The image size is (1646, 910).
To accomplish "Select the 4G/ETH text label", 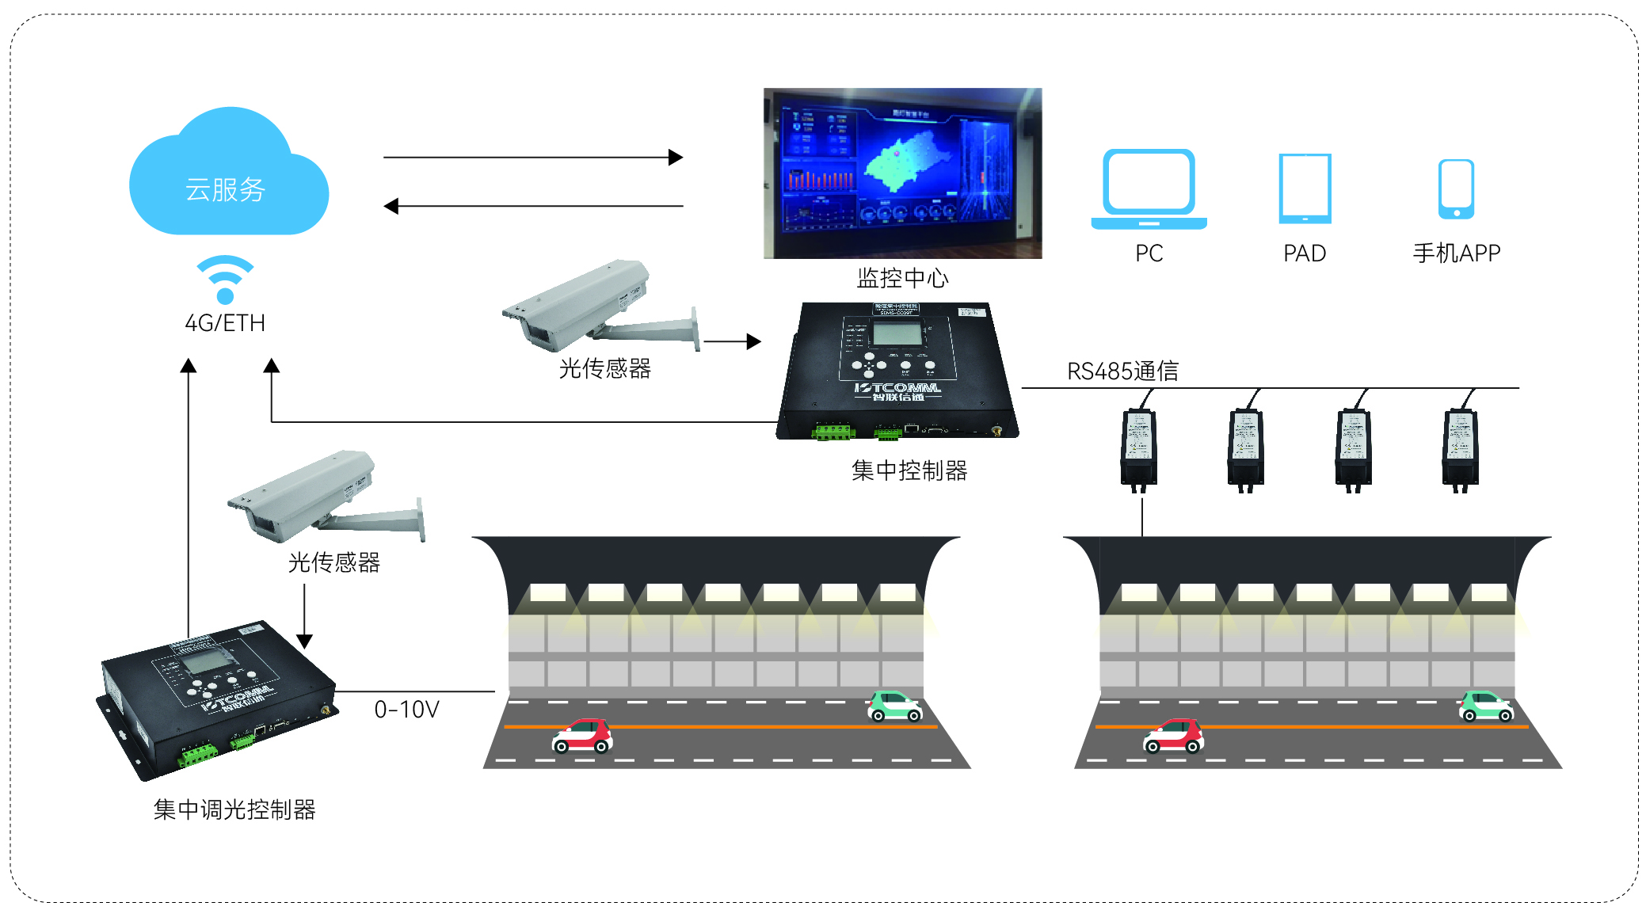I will point(225,323).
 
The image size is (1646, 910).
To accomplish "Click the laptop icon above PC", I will point(1149,188).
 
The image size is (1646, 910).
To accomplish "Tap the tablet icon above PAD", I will point(1305,188).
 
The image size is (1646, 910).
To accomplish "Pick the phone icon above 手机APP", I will point(1456,188).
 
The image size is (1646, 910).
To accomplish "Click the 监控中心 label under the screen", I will point(902,278).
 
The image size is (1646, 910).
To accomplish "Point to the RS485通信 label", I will point(1122,371).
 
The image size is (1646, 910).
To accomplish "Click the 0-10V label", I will point(406,710).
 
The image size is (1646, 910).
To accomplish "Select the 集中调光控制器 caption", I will point(234,809).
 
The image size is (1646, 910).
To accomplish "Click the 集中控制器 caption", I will point(909,470).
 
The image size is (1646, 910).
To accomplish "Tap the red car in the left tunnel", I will point(582,736).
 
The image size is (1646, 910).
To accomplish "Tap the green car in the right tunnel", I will point(1485,706).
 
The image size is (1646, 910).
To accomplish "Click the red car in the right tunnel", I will point(1173,736).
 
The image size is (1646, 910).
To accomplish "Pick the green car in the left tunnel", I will point(893,706).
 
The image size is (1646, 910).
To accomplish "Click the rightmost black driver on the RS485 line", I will point(1460,447).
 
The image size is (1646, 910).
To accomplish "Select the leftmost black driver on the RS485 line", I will point(1138,447).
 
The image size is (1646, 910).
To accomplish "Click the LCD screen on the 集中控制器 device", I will point(897,333).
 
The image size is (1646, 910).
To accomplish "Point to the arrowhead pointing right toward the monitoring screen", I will point(676,157).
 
